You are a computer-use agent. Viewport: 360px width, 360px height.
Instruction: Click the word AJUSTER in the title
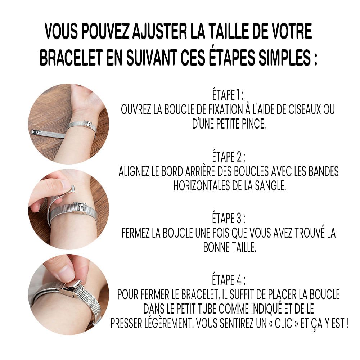159,31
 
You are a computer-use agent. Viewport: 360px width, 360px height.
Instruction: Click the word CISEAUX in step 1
305,109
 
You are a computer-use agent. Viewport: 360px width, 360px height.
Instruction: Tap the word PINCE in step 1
254,124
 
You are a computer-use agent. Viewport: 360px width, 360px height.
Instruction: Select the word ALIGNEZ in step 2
134,171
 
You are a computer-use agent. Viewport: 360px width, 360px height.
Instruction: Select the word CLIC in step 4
283,324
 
